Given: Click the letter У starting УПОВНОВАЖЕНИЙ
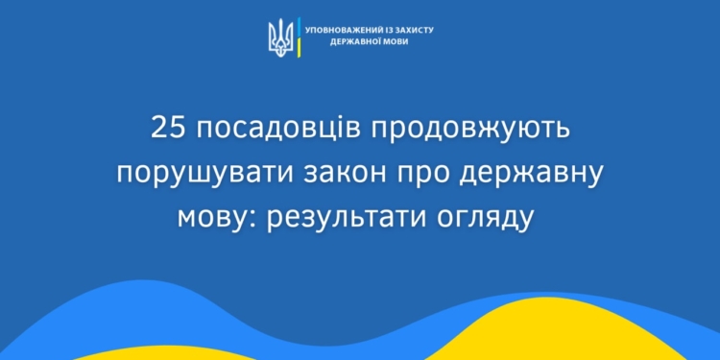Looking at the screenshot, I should coord(307,30).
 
